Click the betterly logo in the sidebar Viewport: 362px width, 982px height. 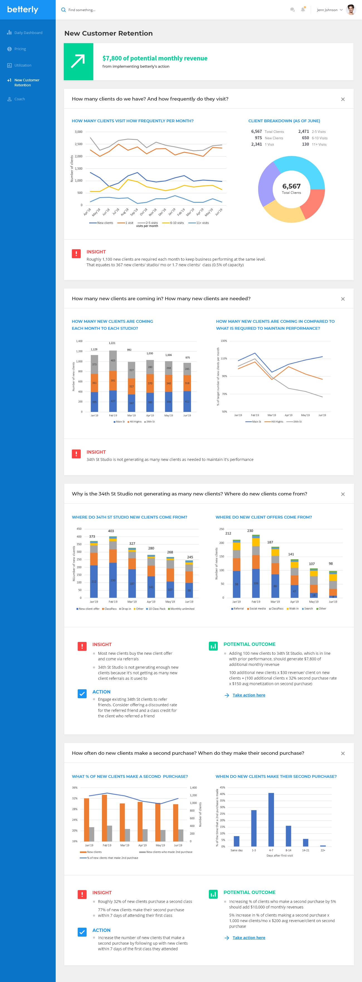pos(23,9)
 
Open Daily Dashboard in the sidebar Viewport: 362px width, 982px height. pos(28,33)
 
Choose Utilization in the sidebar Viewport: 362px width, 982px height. pos(23,65)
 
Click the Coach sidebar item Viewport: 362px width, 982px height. pos(19,99)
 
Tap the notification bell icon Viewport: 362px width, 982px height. pos(303,9)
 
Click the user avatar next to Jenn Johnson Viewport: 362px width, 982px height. pos(351,10)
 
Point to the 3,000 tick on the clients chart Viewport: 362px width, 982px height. pos(79,132)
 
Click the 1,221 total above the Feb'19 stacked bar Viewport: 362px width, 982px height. pos(112,343)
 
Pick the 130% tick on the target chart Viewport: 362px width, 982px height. pos(224,341)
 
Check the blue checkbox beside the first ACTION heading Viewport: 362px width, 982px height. pos(82,694)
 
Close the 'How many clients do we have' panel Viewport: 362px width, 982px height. pos(343,99)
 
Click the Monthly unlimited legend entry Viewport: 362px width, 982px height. pos(181,609)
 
